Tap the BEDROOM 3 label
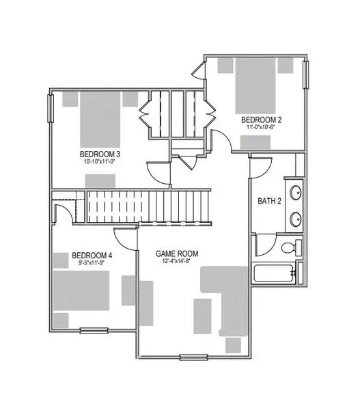click(x=100, y=153)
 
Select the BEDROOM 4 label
click(x=92, y=256)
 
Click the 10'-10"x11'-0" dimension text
click(x=100, y=162)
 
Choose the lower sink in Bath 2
click(x=296, y=219)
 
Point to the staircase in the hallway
click(x=146, y=206)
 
